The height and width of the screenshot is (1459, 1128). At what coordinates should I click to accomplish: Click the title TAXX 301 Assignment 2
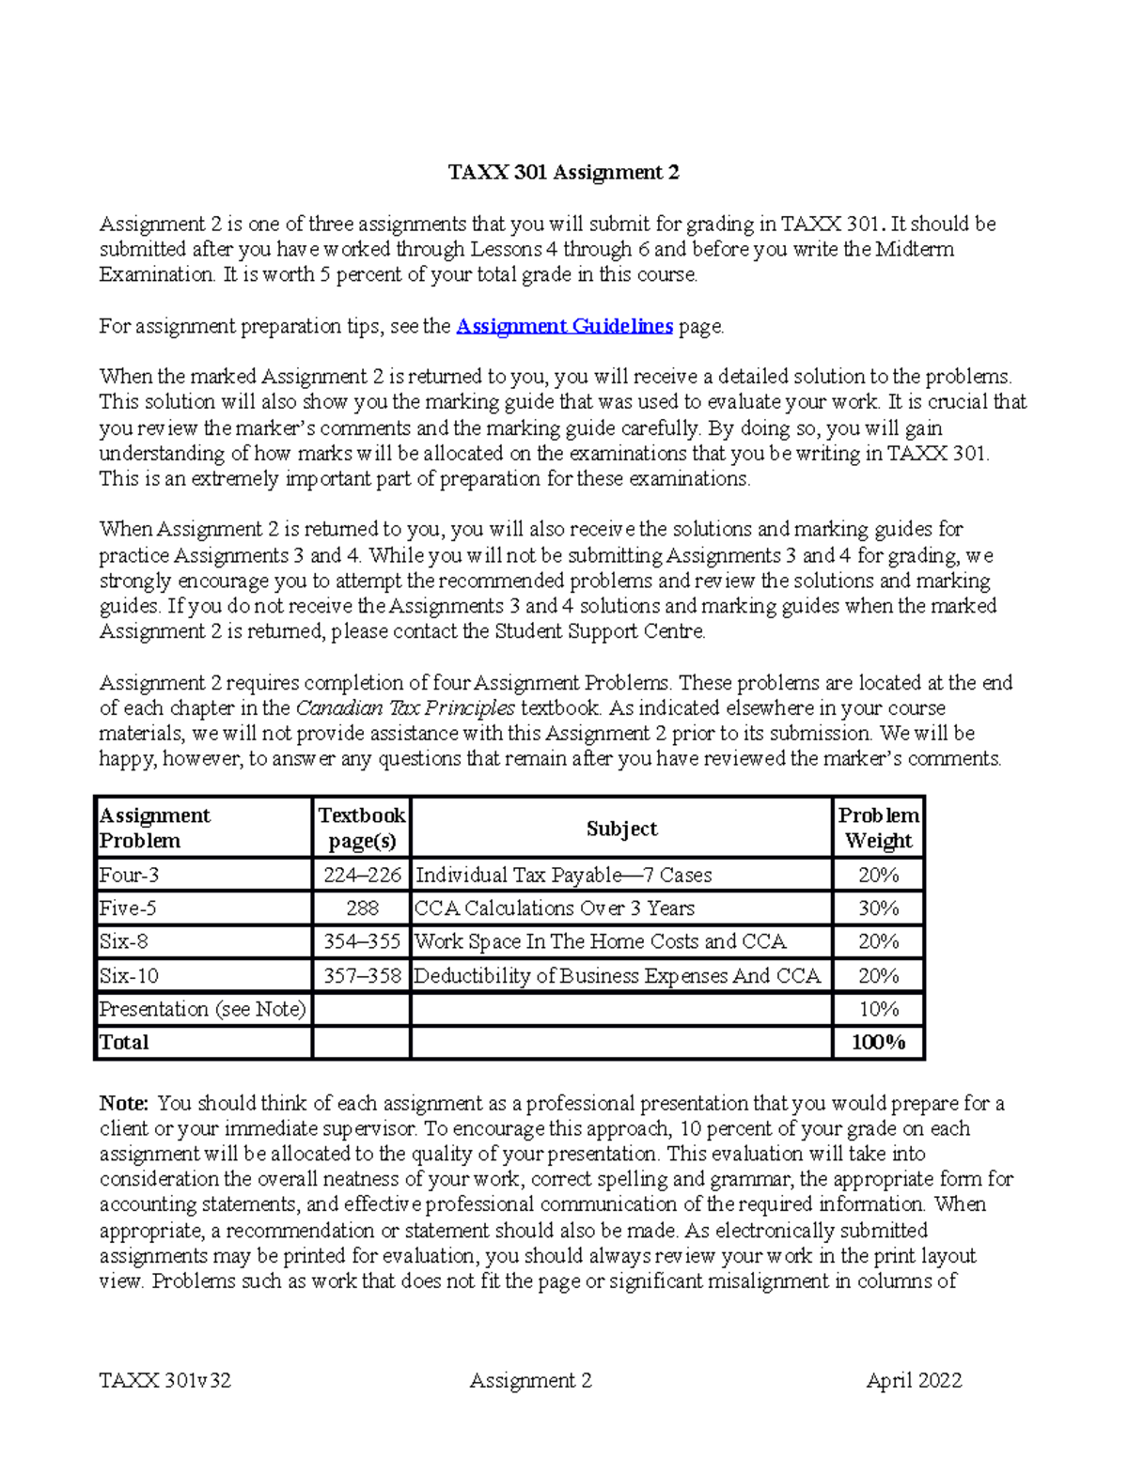563,172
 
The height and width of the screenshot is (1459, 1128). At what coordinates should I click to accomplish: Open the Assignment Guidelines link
564,326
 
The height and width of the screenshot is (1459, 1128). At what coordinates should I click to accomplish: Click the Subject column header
621,828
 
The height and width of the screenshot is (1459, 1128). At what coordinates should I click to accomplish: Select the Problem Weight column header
878,828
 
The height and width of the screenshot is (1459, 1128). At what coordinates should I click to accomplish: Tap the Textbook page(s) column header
362,828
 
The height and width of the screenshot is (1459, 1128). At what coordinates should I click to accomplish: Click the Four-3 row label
129,875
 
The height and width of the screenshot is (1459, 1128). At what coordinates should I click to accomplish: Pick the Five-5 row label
128,908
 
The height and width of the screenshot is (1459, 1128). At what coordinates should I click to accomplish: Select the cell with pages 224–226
362,875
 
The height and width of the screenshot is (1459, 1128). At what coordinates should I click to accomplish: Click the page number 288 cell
362,908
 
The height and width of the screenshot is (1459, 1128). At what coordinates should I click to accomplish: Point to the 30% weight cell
878,908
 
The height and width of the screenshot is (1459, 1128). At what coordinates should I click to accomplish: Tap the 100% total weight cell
878,1042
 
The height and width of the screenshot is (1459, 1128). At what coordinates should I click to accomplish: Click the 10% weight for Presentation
878,1009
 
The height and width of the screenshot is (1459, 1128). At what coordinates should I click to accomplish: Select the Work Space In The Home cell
601,941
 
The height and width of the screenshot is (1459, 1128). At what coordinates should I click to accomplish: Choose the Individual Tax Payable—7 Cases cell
564,875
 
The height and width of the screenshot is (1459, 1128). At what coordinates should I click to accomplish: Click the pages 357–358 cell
362,976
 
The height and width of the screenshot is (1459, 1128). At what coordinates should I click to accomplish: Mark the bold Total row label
124,1042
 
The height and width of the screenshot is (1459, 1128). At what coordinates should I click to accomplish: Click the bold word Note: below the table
124,1103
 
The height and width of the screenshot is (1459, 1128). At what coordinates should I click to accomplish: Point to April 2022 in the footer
914,1380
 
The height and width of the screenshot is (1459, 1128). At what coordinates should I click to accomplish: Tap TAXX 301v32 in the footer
165,1380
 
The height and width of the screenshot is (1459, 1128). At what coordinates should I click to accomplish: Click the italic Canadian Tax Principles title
405,708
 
